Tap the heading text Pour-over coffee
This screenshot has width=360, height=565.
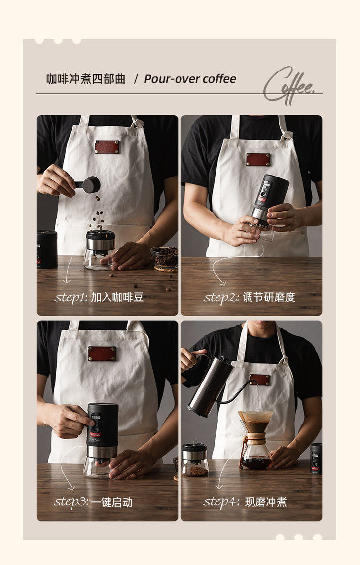(x=190, y=79)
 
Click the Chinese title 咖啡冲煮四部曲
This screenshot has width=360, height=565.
(x=86, y=79)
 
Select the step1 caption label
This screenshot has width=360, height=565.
(x=99, y=297)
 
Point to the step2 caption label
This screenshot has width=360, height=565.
(x=250, y=297)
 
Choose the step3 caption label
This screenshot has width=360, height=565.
(x=93, y=502)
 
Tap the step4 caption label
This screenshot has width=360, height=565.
(x=245, y=502)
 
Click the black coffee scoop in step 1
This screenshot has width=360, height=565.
(x=89, y=184)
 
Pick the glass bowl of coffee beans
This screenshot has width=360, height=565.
(x=165, y=258)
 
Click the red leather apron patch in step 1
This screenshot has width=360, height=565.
(x=107, y=147)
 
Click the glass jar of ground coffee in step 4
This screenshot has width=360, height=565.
(x=195, y=459)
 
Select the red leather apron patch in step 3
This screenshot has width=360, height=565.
(x=103, y=353)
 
